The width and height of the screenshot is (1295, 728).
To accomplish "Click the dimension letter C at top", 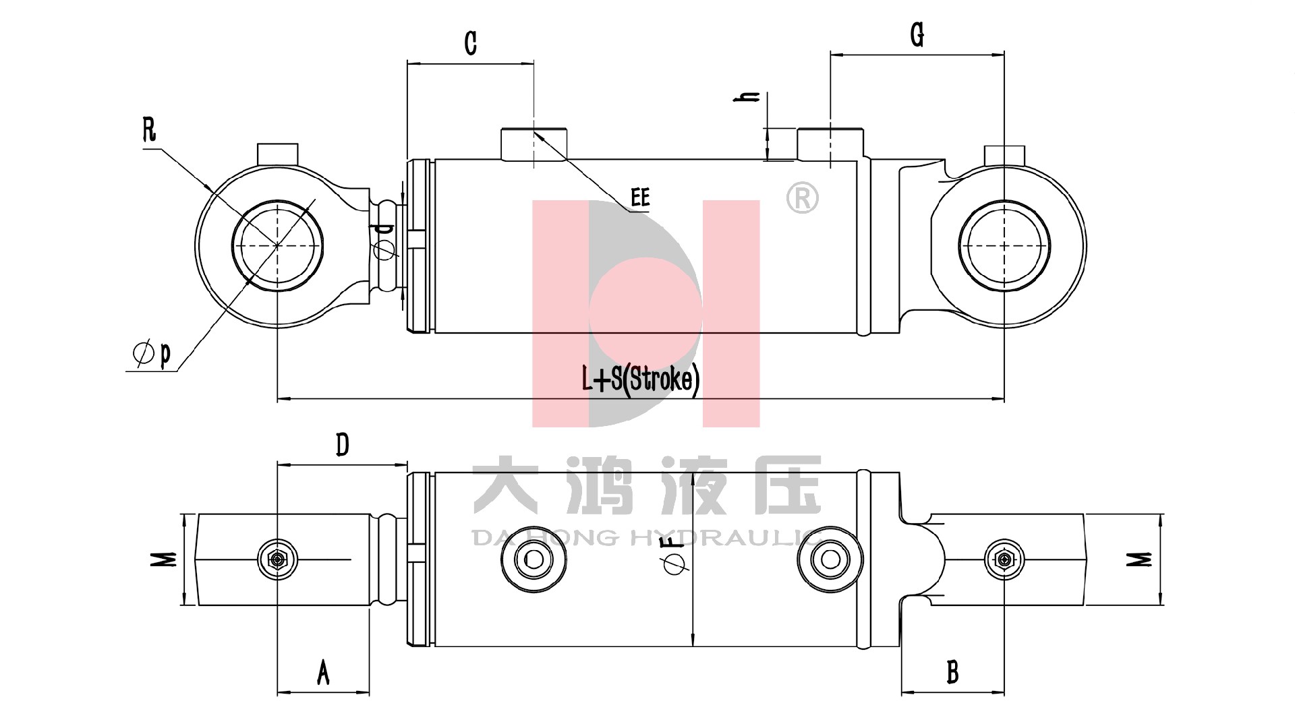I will pos(471,42).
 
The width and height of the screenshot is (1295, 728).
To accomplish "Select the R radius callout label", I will pos(150,129).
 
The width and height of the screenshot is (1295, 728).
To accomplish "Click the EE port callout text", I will pos(640,198).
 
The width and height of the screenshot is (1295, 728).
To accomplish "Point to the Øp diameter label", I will pos(152,353).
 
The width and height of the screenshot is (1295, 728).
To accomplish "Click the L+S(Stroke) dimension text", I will pos(641,380).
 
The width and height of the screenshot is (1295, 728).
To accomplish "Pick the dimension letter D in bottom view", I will pos(343,445).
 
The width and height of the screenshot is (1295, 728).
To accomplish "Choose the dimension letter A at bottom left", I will pos(323,672).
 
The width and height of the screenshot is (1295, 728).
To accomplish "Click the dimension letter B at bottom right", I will pos(952,672).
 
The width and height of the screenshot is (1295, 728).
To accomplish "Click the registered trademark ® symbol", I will pos(803,199).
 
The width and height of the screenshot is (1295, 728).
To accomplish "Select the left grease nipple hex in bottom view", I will pos(277,559).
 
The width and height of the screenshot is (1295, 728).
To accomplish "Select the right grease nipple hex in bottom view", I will pos(1004,559).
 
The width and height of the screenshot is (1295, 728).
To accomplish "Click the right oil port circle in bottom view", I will pos(830,559).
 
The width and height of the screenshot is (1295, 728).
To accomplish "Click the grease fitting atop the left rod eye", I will pos(278,153).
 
